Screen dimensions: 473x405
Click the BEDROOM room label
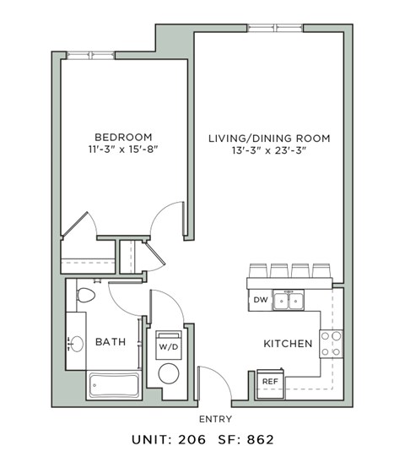123,138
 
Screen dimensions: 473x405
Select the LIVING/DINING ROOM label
269,138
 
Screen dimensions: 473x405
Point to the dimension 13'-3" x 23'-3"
269,152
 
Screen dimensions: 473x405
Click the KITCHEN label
289,344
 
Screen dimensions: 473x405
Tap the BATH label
111,342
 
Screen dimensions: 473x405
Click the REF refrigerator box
270,381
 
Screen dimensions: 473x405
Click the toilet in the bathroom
84,296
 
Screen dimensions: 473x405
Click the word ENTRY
215,419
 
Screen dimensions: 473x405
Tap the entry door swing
211,384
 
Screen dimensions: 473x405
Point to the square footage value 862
259,439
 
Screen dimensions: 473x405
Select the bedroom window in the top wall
91,56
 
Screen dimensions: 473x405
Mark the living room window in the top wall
275,29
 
